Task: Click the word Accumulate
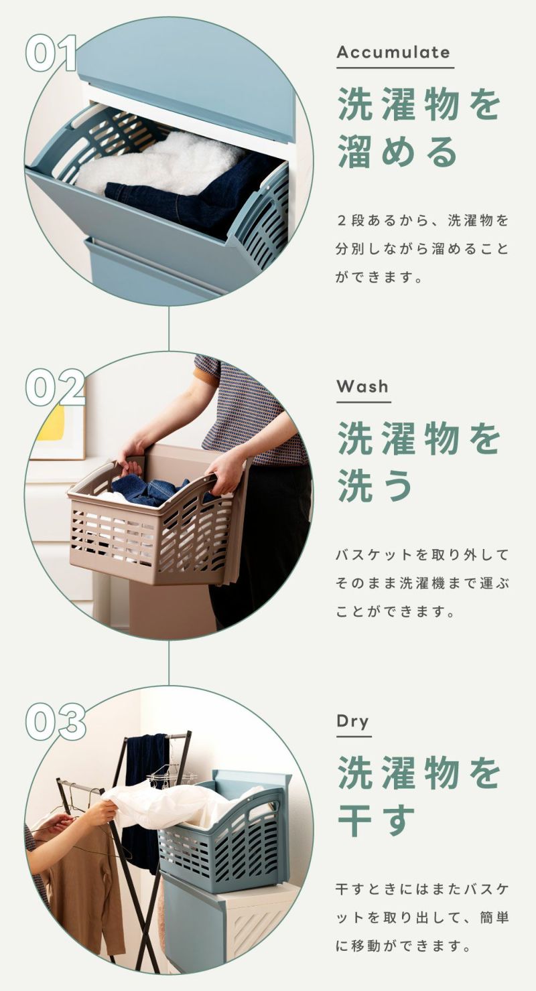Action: click(393, 52)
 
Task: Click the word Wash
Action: click(362, 386)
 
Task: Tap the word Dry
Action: click(353, 722)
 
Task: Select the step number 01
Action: click(51, 53)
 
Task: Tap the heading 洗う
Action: click(375, 485)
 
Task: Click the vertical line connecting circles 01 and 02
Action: click(169, 329)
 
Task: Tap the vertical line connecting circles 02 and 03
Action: click(169, 663)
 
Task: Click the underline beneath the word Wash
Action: click(363, 402)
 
